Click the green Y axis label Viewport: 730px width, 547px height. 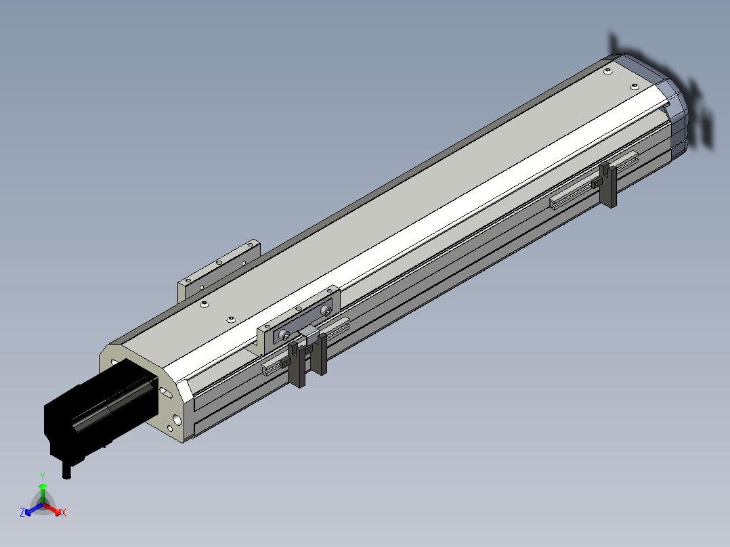coord(43,476)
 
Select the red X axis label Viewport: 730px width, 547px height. coord(64,512)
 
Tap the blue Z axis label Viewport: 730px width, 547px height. coord(22,512)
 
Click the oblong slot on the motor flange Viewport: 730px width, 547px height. coord(166,393)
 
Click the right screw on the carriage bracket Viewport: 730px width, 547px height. coord(327,311)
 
